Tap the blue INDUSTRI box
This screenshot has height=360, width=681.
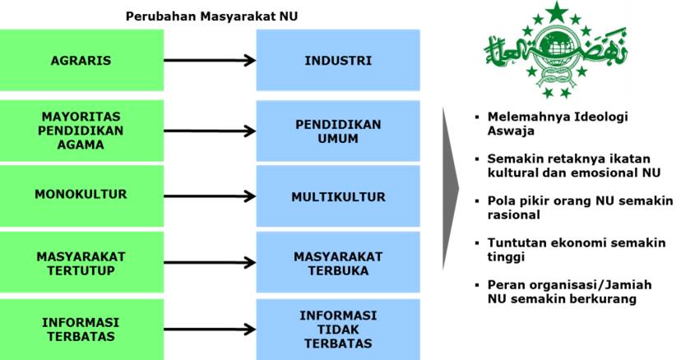coord(338,61)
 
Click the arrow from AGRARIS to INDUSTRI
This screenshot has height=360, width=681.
coord(209,61)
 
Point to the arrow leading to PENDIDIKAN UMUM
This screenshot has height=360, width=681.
coord(209,130)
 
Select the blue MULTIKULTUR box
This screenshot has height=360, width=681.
coord(338,197)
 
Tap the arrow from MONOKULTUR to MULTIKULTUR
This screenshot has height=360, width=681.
coord(209,196)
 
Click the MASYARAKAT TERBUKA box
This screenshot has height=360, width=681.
coord(338,264)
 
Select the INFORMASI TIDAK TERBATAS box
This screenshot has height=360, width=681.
coord(338,329)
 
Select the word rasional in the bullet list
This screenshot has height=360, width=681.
coord(512,215)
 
